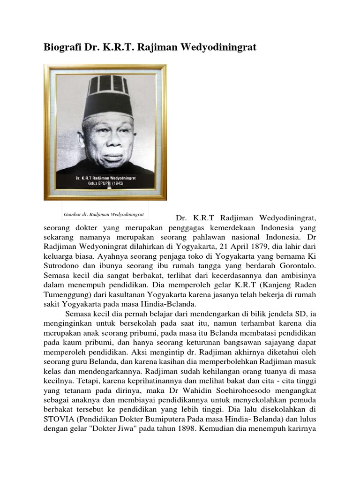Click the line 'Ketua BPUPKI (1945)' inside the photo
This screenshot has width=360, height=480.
coord(107,184)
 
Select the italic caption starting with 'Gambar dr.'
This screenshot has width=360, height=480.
coord(104,214)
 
